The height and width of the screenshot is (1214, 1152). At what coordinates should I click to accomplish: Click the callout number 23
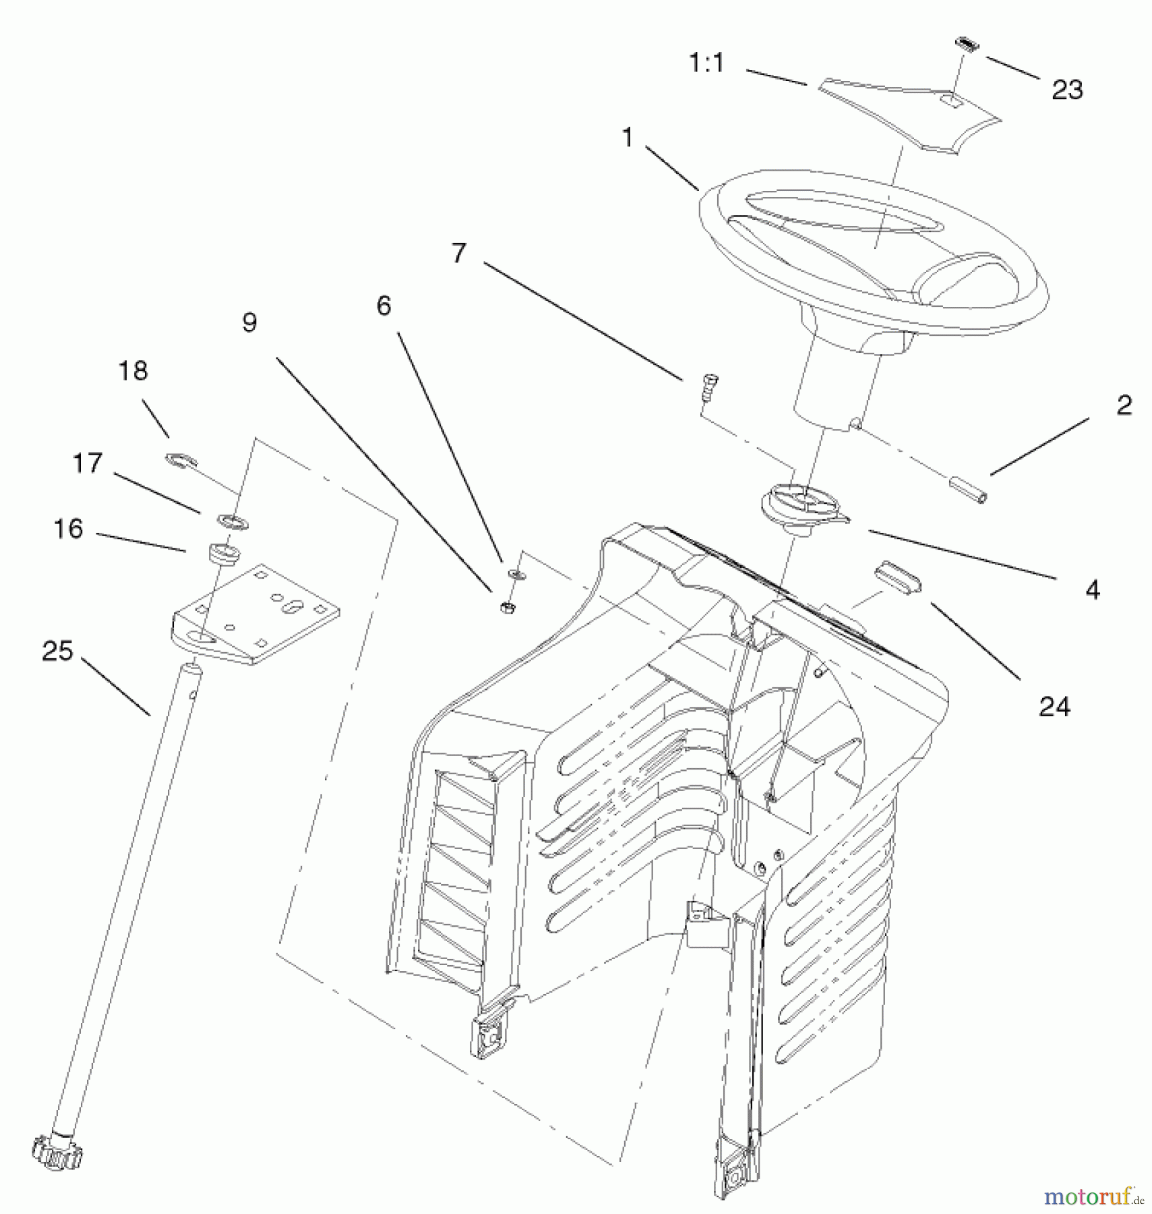click(x=1066, y=90)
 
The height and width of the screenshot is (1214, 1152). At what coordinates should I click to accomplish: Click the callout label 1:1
click(x=706, y=63)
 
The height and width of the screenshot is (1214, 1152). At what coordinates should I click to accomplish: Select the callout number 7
click(x=458, y=254)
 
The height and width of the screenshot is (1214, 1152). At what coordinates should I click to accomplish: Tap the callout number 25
click(x=57, y=652)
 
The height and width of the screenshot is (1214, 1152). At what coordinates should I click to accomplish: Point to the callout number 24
click(x=1054, y=706)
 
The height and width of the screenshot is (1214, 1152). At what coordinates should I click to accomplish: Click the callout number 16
click(x=68, y=529)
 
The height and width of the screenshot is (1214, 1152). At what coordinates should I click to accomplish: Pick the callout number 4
click(x=1093, y=590)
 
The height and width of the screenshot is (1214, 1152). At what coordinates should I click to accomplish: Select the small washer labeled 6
click(x=516, y=574)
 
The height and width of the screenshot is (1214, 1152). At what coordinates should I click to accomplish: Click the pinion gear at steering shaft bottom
click(x=56, y=1153)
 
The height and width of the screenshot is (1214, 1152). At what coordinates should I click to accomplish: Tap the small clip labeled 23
click(x=967, y=43)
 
